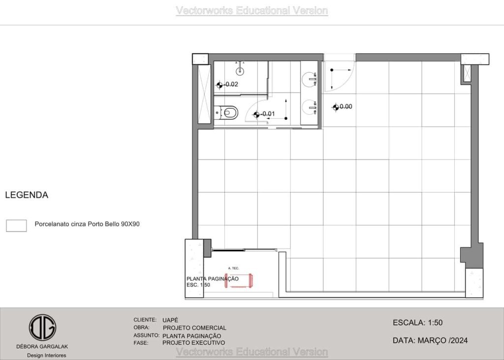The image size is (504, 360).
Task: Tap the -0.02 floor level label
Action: [231, 84]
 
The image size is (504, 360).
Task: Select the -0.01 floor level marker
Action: [256, 114]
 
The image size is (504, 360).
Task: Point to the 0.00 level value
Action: [346, 106]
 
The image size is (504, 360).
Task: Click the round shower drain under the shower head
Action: [240, 71]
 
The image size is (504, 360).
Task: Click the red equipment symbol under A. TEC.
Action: [239, 280]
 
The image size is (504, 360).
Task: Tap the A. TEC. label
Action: [234, 268]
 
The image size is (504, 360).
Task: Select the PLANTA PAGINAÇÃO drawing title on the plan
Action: [213, 279]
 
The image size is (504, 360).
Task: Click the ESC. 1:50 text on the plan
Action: [198, 285]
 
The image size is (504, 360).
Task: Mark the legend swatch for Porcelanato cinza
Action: [16, 226]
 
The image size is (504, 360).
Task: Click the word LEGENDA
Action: [27, 195]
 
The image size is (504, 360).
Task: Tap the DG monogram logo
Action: [42, 327]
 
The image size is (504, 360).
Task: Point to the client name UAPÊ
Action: [170, 320]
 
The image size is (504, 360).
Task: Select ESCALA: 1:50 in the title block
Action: [417, 323]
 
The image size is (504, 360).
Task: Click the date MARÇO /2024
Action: [442, 340]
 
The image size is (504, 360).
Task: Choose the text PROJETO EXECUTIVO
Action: [193, 343]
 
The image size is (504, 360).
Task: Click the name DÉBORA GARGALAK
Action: [42, 347]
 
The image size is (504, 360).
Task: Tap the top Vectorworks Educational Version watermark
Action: [252, 11]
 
